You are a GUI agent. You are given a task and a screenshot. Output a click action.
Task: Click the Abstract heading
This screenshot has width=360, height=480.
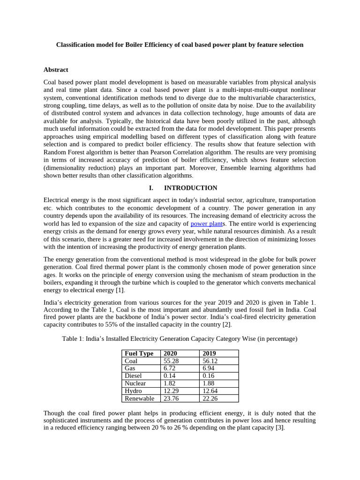(x=56, y=69)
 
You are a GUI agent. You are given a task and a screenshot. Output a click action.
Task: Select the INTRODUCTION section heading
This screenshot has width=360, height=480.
(x=190, y=188)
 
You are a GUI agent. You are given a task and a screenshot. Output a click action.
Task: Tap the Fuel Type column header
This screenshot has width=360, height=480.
(x=139, y=353)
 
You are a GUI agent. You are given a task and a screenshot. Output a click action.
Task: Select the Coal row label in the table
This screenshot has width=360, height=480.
(x=132, y=361)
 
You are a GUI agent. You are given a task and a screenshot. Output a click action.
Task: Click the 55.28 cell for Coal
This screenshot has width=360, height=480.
(x=171, y=361)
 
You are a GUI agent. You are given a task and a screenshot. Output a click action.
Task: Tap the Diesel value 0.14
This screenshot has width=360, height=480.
(x=170, y=376)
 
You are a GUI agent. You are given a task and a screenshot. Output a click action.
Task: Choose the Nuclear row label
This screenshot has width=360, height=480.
(x=135, y=383)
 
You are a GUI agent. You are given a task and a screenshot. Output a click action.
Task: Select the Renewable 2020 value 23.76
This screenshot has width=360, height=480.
(x=171, y=398)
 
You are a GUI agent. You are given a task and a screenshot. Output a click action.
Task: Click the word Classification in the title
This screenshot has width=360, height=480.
(x=76, y=45)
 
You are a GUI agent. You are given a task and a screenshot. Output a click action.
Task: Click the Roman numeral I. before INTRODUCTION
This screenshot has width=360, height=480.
(x=151, y=188)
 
